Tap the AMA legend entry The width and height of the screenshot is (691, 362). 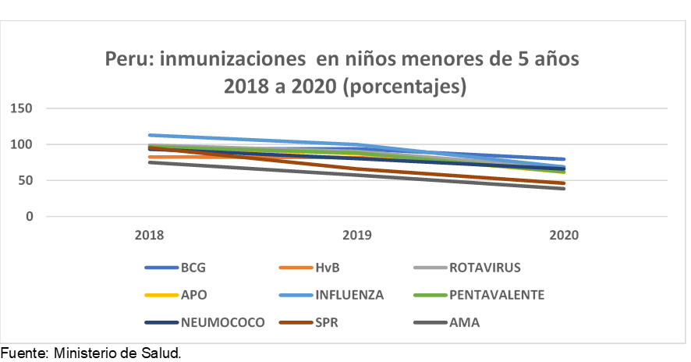pyautogui.click(x=464, y=321)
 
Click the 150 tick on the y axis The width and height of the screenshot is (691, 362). pyautogui.click(x=21, y=108)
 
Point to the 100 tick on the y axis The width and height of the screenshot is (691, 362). pyautogui.click(x=21, y=144)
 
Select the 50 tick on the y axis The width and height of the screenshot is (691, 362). pyautogui.click(x=24, y=180)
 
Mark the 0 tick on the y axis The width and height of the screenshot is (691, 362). pyautogui.click(x=28, y=216)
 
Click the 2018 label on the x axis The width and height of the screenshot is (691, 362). pyautogui.click(x=148, y=235)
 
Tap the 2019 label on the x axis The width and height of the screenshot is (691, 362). pyautogui.click(x=356, y=235)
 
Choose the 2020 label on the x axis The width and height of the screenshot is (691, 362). pyautogui.click(x=564, y=235)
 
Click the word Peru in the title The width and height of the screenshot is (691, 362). pyautogui.click(x=129, y=59)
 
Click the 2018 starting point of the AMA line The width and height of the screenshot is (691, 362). pyautogui.click(x=148, y=162)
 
